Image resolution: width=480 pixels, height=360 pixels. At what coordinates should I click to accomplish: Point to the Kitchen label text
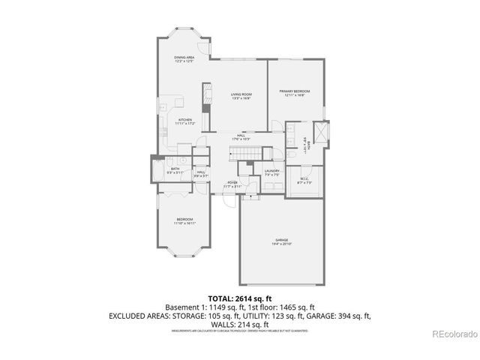point(185,121)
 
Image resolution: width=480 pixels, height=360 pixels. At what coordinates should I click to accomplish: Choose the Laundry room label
point(271,172)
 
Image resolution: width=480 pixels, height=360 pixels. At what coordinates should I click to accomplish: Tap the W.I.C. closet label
point(304,181)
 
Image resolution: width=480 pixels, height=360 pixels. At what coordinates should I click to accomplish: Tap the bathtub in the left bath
point(157,169)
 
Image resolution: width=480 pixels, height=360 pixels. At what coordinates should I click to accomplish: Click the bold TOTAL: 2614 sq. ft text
point(239,298)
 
